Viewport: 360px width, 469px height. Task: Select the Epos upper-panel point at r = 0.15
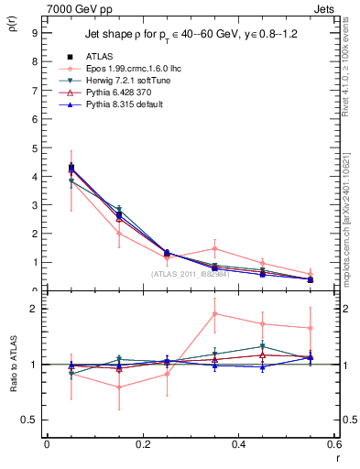[x=118, y=233]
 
